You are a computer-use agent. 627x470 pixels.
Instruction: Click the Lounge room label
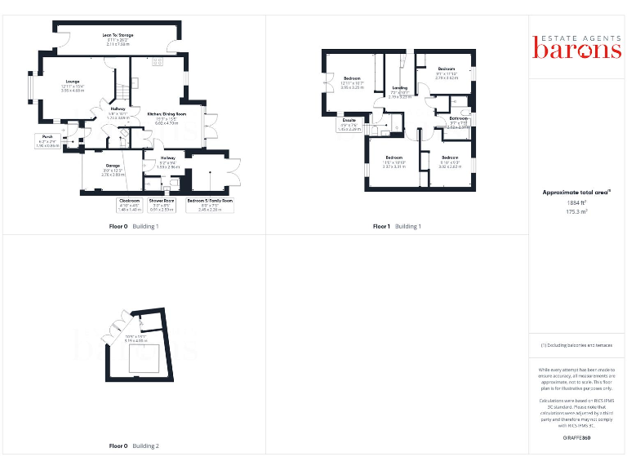point(73,82)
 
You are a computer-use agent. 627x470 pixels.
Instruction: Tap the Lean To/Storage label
point(118,35)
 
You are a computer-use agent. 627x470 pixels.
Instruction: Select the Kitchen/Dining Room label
point(167,114)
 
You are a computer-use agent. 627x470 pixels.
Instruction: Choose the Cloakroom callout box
point(130,204)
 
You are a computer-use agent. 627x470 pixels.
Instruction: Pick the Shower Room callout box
point(162,204)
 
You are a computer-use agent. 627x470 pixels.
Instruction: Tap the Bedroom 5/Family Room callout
point(210,204)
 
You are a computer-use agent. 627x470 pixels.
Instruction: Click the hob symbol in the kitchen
point(158,62)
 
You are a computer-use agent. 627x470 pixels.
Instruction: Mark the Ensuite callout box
point(349,126)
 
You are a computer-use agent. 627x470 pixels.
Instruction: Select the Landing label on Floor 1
point(400,87)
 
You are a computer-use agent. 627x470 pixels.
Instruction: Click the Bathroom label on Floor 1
point(458,118)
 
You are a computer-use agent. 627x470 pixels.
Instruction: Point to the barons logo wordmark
point(577,48)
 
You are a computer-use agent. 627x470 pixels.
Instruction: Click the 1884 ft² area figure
point(577,202)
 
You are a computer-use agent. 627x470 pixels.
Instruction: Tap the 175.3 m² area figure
point(577,211)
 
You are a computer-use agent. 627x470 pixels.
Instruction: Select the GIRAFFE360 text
point(577,438)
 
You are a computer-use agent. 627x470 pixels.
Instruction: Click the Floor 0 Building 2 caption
point(134,446)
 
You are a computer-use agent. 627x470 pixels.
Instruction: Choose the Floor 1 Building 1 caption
point(397,226)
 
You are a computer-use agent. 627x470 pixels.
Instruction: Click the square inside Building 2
point(144,357)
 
